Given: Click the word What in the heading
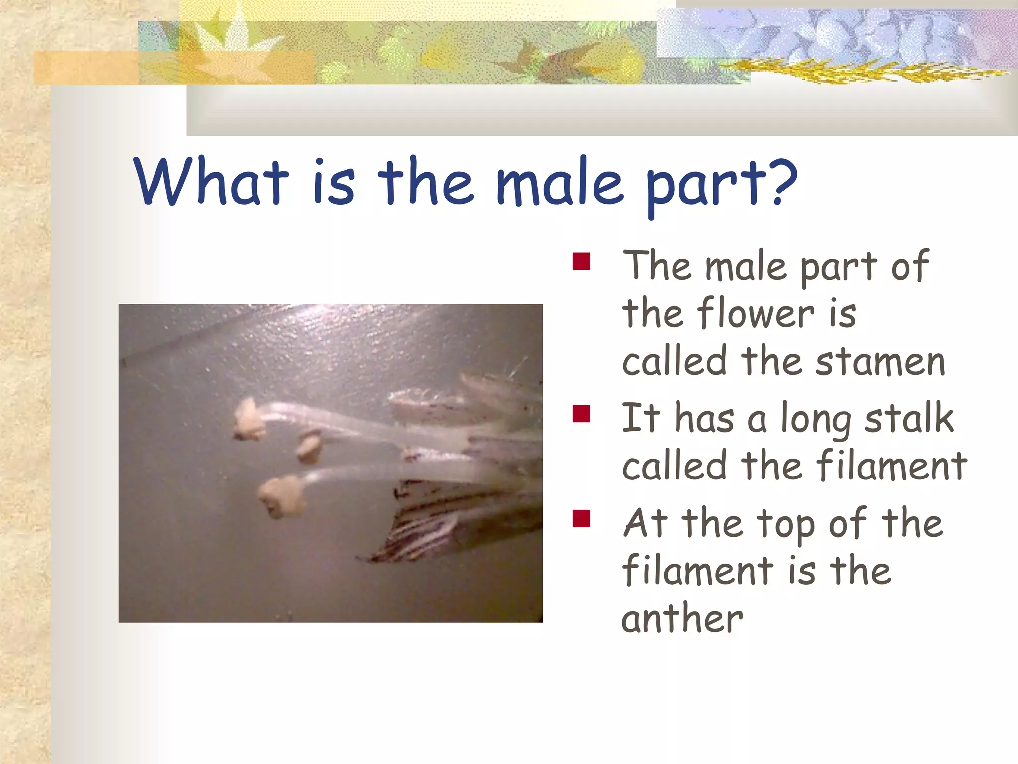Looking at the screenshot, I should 211,182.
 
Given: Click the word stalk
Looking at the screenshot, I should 909,418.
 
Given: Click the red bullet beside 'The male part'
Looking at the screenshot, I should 581,262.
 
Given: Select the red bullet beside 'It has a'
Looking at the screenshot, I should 581,414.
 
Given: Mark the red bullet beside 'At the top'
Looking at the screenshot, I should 581,518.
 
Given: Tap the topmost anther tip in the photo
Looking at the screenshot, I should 249,420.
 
